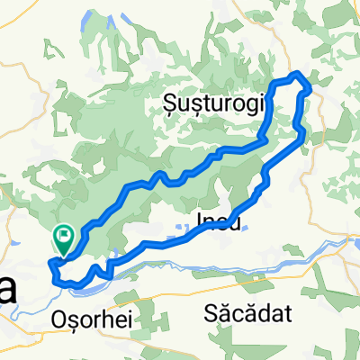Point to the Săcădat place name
[x=242, y=314]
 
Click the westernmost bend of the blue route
[x=49, y=263]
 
